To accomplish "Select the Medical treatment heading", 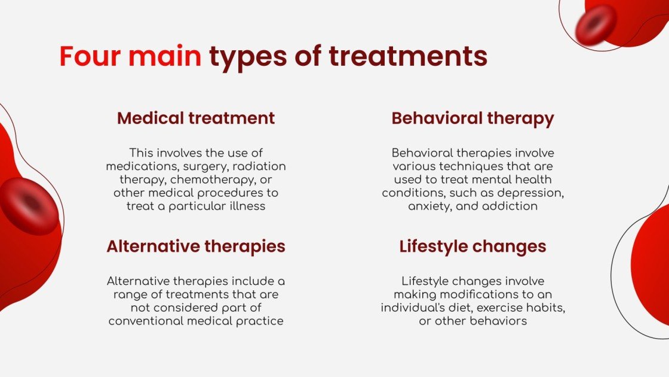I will (196, 118).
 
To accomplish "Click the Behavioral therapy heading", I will (472, 118).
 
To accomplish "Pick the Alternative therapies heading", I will (196, 246).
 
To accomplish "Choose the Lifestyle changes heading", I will (472, 246).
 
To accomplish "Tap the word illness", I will (248, 206).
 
